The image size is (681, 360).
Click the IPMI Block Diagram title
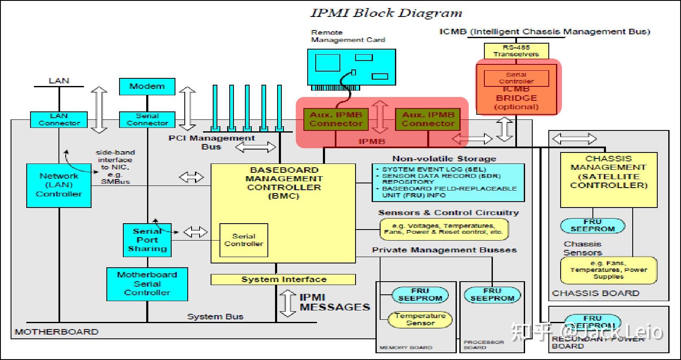pyautogui.click(x=386, y=13)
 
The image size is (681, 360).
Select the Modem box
pyautogui.click(x=147, y=86)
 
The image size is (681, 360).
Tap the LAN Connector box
pyautogui.click(x=59, y=119)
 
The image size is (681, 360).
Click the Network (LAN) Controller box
pyautogui.click(x=59, y=186)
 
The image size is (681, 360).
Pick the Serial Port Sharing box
pyautogui.click(x=147, y=240)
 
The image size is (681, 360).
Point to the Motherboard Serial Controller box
pyautogui.click(x=147, y=284)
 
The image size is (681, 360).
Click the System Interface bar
pyautogui.click(x=283, y=280)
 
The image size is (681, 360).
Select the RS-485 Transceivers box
pyautogui.click(x=516, y=51)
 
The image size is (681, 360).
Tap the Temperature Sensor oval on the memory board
pyautogui.click(x=420, y=319)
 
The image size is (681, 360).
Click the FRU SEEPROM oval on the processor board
pyautogui.click(x=492, y=295)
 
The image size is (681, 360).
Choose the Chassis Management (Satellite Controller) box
pyautogui.click(x=609, y=180)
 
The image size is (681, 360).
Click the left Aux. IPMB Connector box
pyautogui.click(x=336, y=119)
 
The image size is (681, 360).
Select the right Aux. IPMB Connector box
pyautogui.click(x=428, y=119)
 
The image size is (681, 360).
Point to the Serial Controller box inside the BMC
pyautogui.click(x=244, y=240)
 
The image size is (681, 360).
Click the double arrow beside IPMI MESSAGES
pyautogui.click(x=288, y=303)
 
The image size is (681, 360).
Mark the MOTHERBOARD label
pyautogui.click(x=57, y=332)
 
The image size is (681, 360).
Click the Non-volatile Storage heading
pyautogui.click(x=444, y=159)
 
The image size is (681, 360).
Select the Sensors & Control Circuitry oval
pyautogui.click(x=444, y=229)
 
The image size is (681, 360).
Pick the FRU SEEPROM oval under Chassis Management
pyautogui.click(x=592, y=225)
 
